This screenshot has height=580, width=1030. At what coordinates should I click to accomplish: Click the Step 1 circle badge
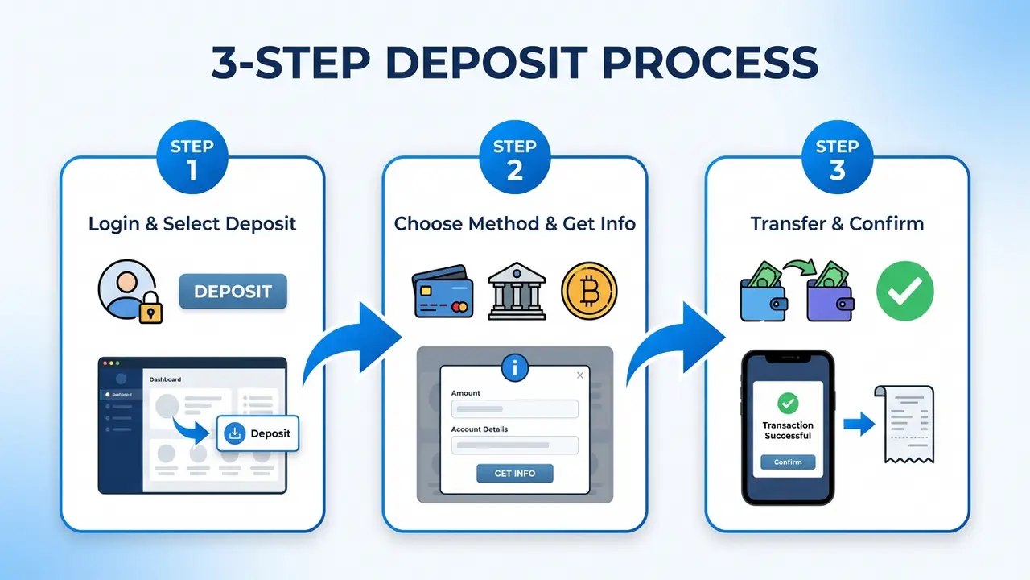pyautogui.click(x=192, y=158)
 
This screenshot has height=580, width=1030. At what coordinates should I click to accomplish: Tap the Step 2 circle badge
pyautogui.click(x=514, y=158)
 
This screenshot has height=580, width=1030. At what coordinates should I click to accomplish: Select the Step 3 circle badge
pyautogui.click(x=837, y=158)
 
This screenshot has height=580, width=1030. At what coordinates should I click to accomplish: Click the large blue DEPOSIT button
pyautogui.click(x=233, y=292)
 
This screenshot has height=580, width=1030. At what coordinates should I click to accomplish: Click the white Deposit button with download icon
pyautogui.click(x=257, y=433)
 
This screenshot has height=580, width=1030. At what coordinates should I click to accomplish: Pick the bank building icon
pyautogui.click(x=517, y=292)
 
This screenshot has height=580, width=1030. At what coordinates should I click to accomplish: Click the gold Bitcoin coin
pyautogui.click(x=589, y=290)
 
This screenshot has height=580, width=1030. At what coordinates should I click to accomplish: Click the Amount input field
pyautogui.click(x=515, y=408)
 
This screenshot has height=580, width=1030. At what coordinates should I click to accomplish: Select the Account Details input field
pyautogui.click(x=515, y=445)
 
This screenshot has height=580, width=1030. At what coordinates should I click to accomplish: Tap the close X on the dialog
pyautogui.click(x=580, y=375)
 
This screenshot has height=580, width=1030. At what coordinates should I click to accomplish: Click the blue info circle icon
pyautogui.click(x=514, y=368)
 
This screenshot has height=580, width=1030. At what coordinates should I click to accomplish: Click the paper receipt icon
pyautogui.click(x=905, y=423)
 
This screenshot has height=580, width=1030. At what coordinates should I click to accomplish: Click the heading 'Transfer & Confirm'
pyautogui.click(x=837, y=223)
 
